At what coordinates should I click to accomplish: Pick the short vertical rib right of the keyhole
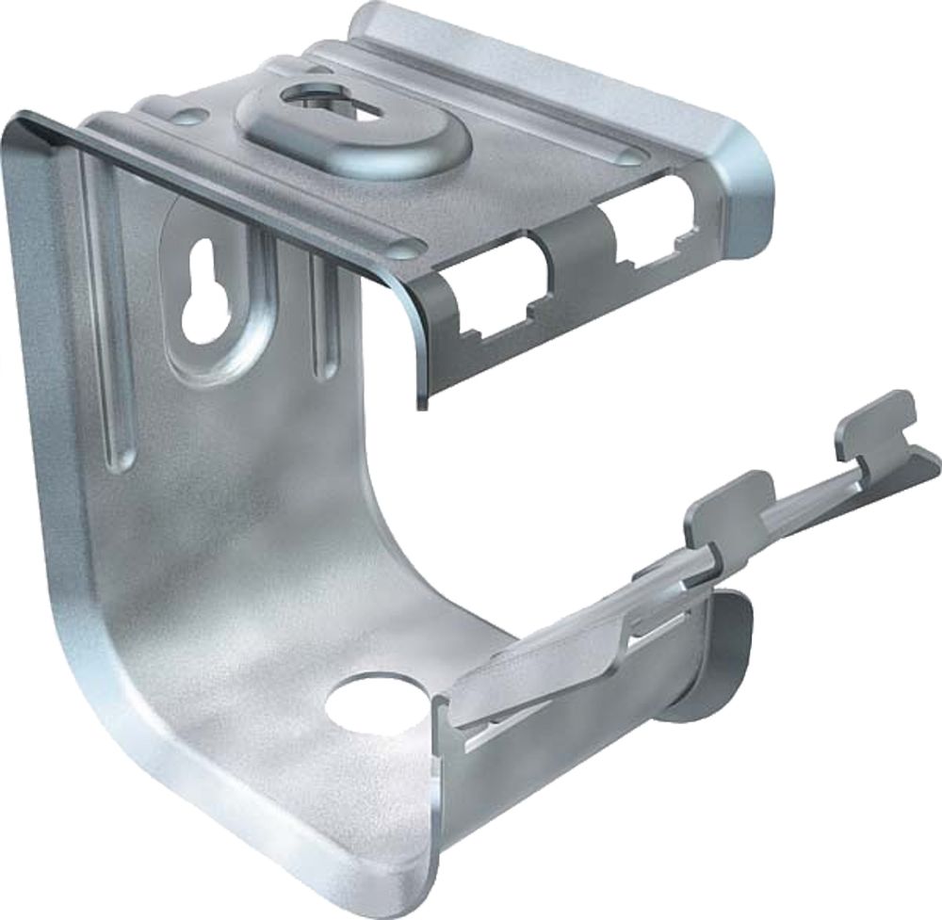point(324,320)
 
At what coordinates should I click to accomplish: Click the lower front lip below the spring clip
point(528,791)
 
